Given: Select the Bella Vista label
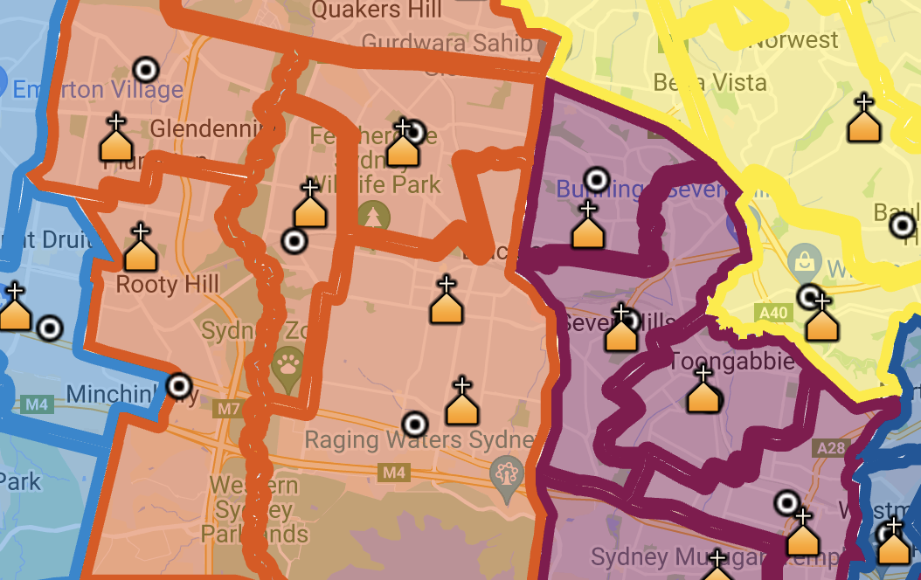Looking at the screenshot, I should (x=710, y=83).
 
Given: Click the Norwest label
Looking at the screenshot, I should (x=795, y=40).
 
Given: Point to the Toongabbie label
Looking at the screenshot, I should (x=732, y=361).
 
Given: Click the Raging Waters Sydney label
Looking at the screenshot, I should (x=419, y=439).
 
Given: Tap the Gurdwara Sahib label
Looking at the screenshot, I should (x=447, y=42).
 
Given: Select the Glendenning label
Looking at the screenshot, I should (x=206, y=129).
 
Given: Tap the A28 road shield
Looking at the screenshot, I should (x=831, y=448).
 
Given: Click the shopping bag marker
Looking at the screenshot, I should (x=801, y=261).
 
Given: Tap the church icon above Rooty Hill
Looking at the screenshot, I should (x=140, y=250).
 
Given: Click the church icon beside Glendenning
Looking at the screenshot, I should (x=116, y=141).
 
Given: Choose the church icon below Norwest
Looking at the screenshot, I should (x=863, y=121).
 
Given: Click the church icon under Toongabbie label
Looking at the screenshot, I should (x=703, y=392).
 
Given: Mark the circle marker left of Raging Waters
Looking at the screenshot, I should (x=415, y=425).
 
